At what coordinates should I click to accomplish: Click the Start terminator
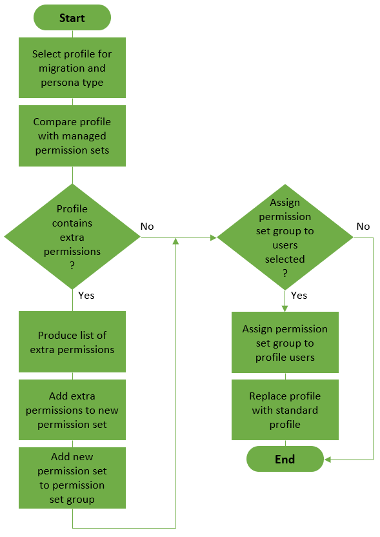coord(72,18)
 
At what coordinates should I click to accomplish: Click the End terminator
coord(285,459)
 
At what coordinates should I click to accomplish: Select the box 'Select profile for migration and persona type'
coord(72,68)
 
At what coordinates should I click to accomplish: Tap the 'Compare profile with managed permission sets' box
coord(72,136)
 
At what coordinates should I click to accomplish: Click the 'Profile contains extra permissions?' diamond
coord(72,237)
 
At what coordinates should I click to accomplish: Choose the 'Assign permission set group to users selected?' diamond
coord(285,237)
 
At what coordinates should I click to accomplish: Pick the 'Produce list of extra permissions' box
coord(72,342)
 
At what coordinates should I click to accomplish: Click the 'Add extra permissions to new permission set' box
coord(72,410)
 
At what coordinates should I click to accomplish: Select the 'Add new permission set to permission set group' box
coord(72,478)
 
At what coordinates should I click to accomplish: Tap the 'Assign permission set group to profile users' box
coord(285,342)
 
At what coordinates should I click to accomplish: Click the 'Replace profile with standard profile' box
coord(285,410)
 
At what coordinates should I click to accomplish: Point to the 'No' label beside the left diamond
coord(147,227)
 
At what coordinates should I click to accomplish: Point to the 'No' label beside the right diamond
coord(363,227)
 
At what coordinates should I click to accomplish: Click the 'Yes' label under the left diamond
coord(86,295)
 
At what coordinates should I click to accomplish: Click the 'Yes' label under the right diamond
coord(299,295)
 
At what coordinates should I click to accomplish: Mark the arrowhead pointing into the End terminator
coord(328,460)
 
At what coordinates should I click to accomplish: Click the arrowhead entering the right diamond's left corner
coord(213,238)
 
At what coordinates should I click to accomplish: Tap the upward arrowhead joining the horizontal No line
coord(175,241)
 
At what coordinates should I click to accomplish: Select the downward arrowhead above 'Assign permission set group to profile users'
coord(285,308)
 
